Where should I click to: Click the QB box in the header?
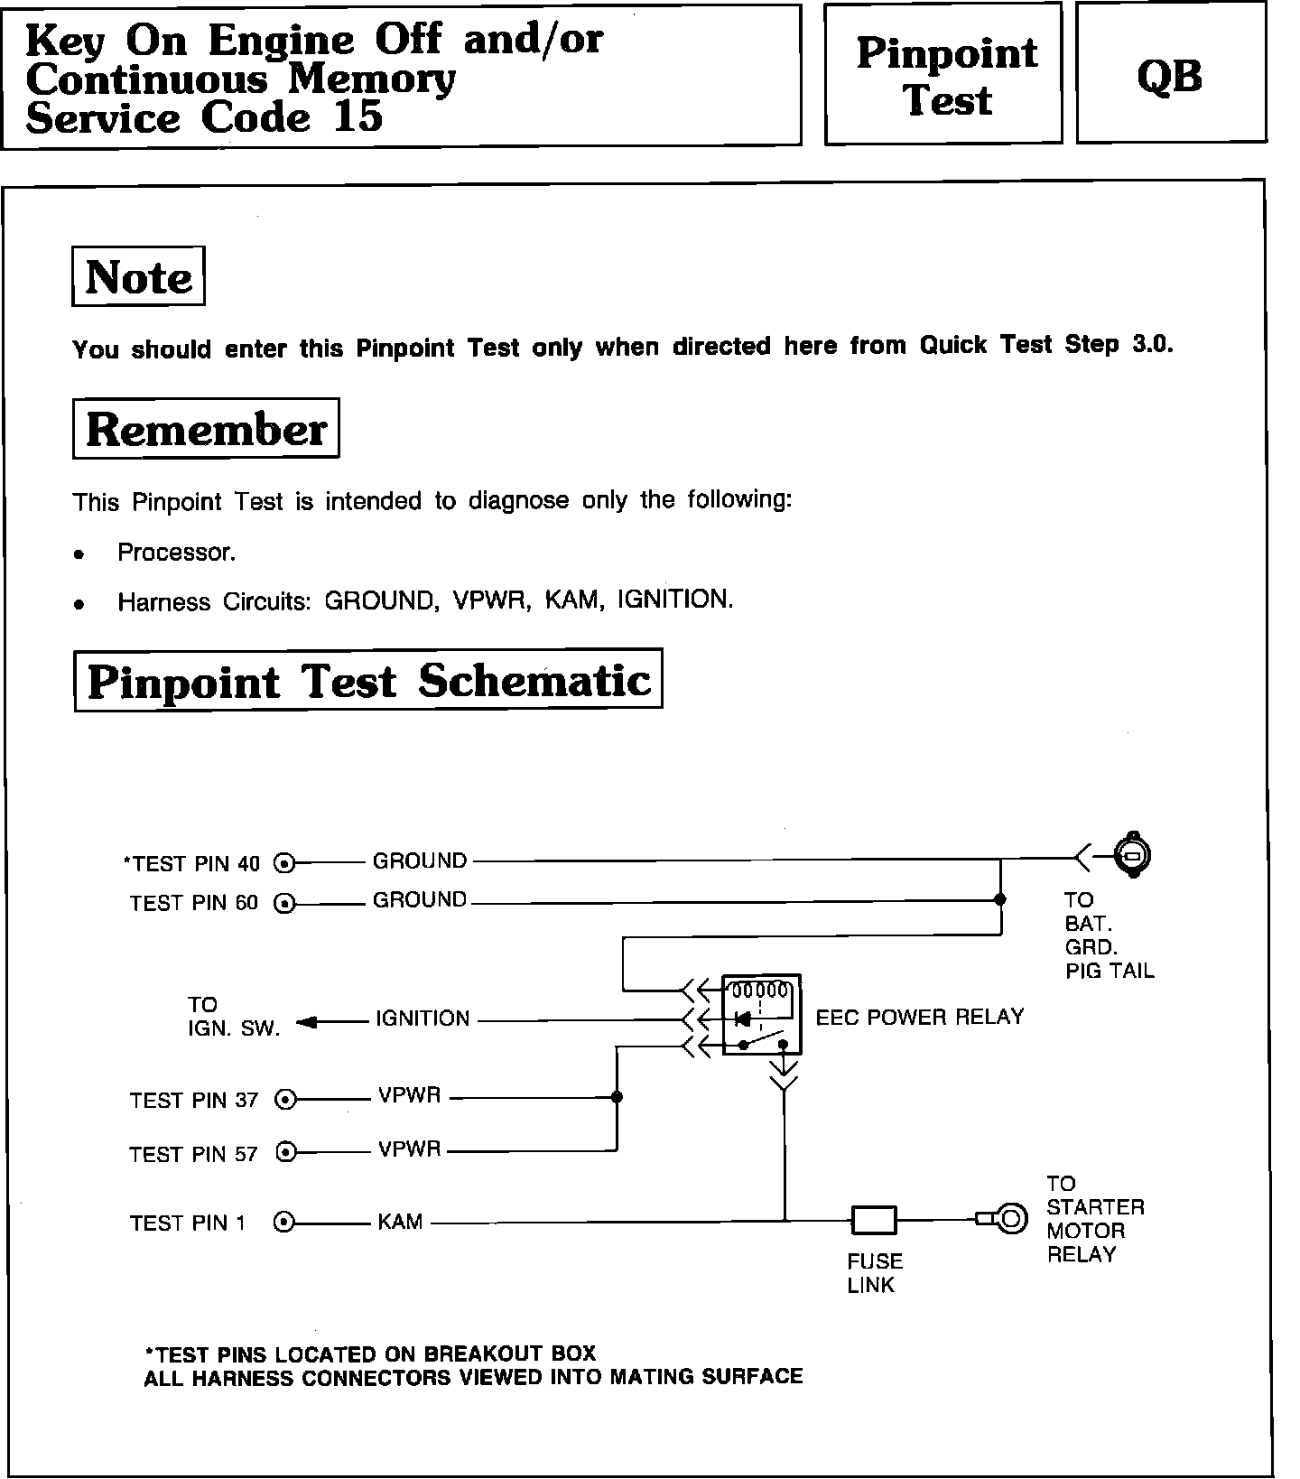click(1171, 74)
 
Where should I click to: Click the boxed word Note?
click(138, 276)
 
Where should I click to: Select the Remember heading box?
click(206, 428)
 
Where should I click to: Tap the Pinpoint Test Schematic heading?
click(368, 680)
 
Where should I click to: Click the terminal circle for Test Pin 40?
click(284, 863)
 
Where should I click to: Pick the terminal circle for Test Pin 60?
click(284, 902)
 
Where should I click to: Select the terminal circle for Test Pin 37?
click(285, 1099)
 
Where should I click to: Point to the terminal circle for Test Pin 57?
click(285, 1152)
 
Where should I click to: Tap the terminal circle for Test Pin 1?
click(284, 1223)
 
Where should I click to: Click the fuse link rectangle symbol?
click(874, 1221)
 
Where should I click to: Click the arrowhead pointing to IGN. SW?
click(306, 1022)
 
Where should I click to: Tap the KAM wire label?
click(400, 1222)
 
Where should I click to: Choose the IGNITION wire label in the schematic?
click(422, 1019)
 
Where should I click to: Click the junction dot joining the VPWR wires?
click(617, 1098)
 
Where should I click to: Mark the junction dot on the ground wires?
click(999, 899)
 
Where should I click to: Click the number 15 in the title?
click(357, 117)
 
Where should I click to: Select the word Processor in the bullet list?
click(176, 553)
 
